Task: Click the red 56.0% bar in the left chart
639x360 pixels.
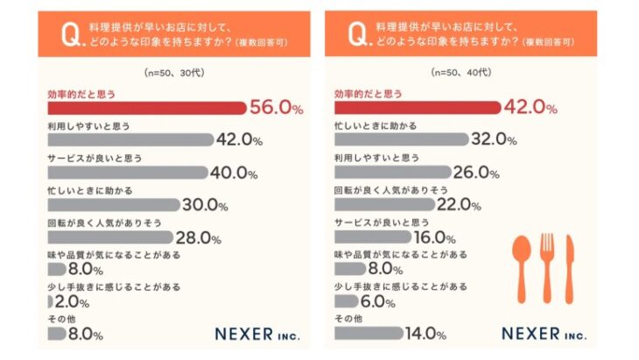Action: [x=146, y=109]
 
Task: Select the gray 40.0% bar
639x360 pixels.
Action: [x=127, y=173]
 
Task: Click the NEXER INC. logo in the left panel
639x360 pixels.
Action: [x=258, y=334]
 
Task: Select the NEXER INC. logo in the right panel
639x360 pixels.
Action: [x=544, y=334]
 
